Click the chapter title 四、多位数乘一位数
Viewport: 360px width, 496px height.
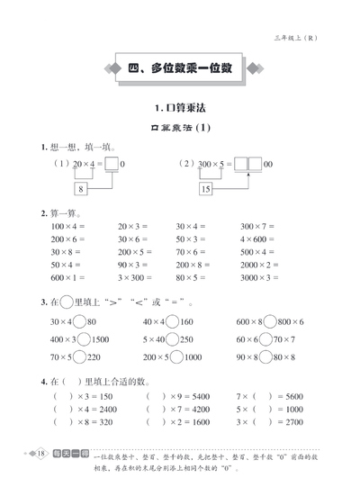[180, 68]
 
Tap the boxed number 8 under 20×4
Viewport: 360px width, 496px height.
[81, 190]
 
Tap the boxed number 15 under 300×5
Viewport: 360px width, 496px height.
[206, 190]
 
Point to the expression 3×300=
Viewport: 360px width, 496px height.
[136, 279]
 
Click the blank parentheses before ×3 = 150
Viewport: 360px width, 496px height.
[63, 395]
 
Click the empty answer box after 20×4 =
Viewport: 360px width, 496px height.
[112, 164]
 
